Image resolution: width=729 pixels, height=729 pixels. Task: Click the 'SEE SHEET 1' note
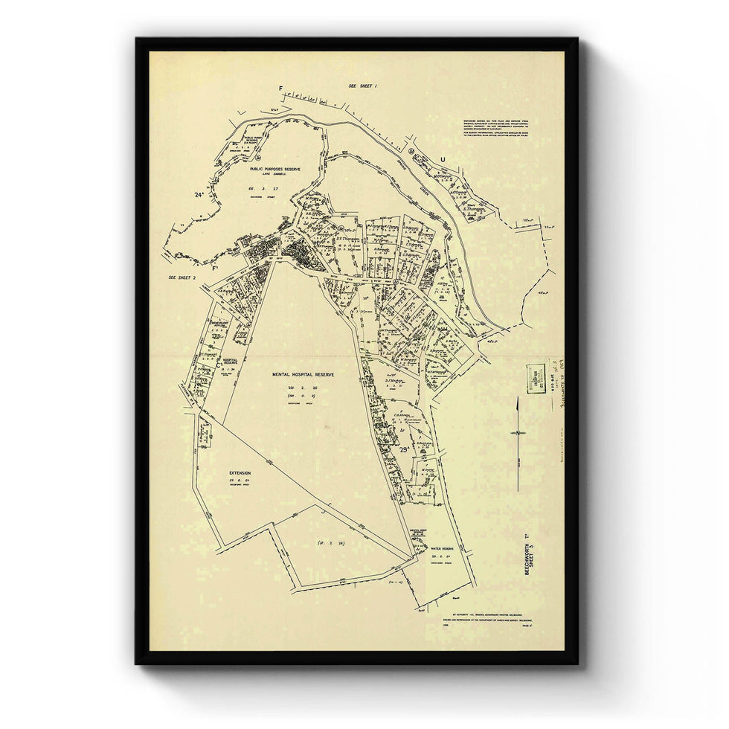click(x=363, y=86)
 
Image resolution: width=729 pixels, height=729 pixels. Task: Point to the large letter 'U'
click(x=444, y=159)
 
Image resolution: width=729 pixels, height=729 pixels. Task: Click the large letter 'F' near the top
click(x=281, y=89)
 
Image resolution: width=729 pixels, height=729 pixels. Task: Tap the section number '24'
click(x=198, y=195)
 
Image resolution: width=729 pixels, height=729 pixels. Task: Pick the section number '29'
click(x=405, y=449)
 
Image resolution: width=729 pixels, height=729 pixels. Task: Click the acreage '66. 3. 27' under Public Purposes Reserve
click(x=257, y=190)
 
